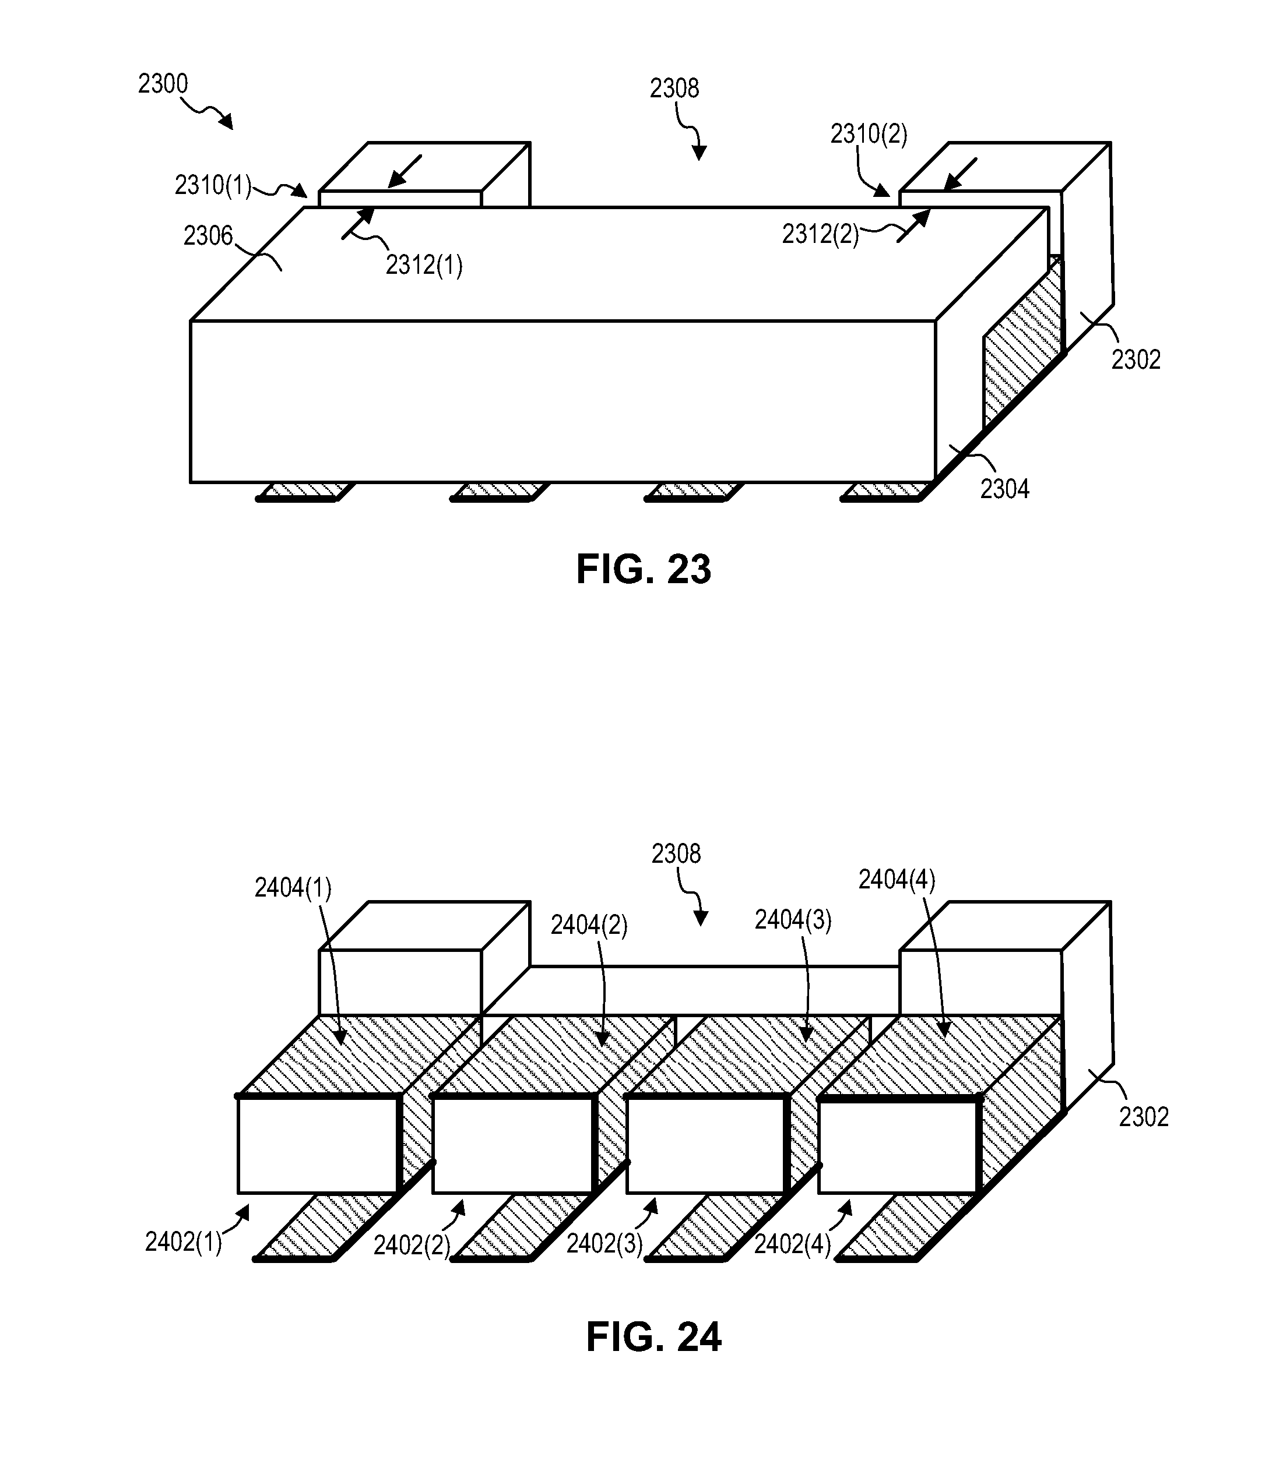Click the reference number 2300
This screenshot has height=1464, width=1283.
(163, 84)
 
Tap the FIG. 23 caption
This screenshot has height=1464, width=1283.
(643, 570)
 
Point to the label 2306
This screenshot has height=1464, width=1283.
(208, 235)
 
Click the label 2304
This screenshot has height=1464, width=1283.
(1004, 489)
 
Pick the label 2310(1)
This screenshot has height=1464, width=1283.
(213, 186)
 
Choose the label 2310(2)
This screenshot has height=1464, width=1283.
(869, 134)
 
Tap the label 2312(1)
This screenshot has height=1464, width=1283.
(424, 266)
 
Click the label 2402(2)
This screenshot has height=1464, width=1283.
(412, 1246)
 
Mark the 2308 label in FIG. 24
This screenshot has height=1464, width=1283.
(676, 853)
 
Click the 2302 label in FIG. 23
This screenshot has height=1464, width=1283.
(1136, 359)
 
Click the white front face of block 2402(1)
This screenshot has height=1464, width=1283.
(317, 1145)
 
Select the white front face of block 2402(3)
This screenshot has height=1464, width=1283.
(705, 1145)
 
